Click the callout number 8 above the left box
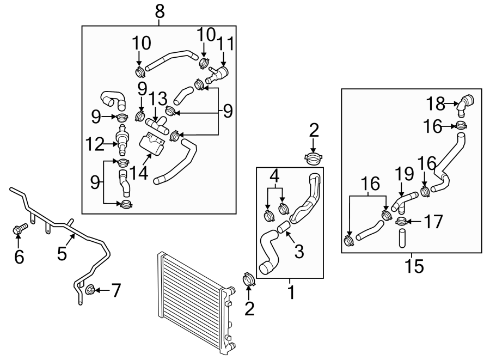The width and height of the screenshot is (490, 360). point(160,12)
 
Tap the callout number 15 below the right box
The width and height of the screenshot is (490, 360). point(414,266)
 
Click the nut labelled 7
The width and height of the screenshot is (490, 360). point(90,290)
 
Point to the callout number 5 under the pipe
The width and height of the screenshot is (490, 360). point(62,253)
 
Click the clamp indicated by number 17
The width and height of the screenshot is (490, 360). point(401,222)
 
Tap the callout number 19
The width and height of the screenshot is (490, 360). point(405,174)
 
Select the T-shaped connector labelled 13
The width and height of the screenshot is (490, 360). point(157,125)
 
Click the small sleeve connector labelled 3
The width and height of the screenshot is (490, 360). point(284,227)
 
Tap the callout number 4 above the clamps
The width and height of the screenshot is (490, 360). point(274,176)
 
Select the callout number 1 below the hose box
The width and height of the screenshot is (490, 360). point(291,292)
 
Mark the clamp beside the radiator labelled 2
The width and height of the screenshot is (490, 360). point(249,279)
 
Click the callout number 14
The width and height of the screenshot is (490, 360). point(139,173)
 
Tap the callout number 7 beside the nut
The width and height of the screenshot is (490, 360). point(116,290)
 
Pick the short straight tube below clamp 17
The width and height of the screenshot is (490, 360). point(402,238)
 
